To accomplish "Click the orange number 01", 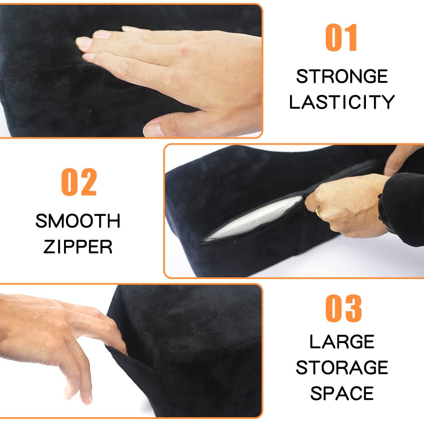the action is (341, 37).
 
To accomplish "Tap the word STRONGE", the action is (342, 76).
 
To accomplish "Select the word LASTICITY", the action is (342, 102).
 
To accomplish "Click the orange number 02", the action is (79, 182).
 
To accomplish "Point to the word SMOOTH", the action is (78, 221).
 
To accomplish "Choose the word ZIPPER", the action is (78, 247).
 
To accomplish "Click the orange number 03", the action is (343, 308).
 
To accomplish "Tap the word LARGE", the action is (342, 342).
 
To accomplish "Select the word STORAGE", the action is (342, 368).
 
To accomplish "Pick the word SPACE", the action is (342, 393).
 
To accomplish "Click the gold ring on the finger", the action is (318, 213).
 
